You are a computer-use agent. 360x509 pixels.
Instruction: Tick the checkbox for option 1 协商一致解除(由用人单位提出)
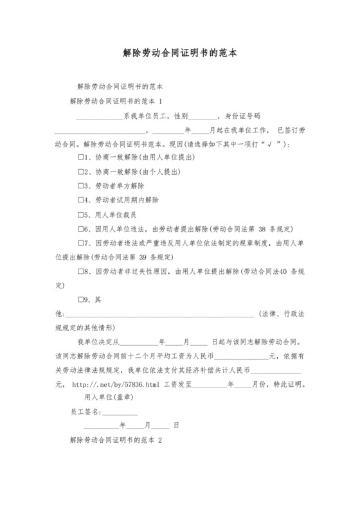(81, 157)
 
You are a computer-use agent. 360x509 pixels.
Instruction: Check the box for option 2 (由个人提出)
(81, 172)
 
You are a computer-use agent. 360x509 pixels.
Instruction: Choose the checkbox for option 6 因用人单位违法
(81, 229)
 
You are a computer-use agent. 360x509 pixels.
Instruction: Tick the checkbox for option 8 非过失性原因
(81, 271)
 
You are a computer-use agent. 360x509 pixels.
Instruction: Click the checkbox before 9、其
(81, 299)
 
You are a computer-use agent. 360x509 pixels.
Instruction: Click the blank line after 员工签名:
(120, 412)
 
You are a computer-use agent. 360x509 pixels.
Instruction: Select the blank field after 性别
(204, 116)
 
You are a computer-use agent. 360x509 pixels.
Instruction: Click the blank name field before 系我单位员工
(100, 116)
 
